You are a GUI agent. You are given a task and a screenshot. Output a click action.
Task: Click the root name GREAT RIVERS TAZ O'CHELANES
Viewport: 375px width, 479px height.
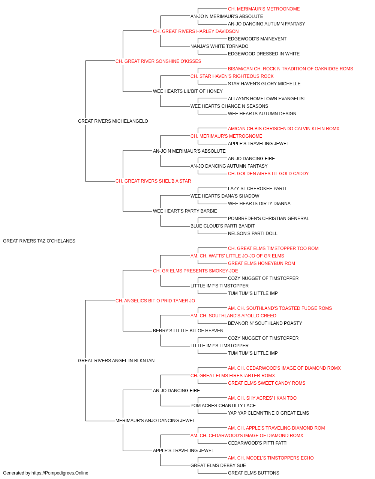[x=39, y=241]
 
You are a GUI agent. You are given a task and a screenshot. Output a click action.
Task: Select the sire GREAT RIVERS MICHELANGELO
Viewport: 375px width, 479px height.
[x=113, y=121]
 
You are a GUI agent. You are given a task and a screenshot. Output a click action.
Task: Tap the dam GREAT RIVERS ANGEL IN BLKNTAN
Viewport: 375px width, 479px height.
[x=116, y=361]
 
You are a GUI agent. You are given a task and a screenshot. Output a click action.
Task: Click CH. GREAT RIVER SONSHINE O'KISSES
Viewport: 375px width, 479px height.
[x=158, y=61]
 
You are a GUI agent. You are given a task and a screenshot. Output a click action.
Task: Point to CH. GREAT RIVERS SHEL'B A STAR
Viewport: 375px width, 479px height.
[x=153, y=181]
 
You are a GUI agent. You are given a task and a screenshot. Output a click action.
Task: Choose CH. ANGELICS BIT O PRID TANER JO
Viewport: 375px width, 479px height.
[x=155, y=300]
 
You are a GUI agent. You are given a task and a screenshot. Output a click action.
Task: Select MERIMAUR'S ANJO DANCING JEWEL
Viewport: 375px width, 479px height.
[x=155, y=420]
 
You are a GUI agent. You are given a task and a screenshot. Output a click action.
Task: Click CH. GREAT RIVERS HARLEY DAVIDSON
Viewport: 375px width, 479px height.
[x=196, y=31]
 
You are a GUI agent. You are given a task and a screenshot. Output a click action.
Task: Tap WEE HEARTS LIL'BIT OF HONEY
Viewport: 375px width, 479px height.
[x=188, y=91]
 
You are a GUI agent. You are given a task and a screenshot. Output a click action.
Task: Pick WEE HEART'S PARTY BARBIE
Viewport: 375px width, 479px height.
[x=185, y=211]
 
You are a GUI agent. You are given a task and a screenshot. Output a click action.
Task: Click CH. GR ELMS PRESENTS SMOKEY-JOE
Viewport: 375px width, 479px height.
[x=195, y=271]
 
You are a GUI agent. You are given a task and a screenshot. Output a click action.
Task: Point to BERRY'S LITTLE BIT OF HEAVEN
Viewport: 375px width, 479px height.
[x=188, y=331]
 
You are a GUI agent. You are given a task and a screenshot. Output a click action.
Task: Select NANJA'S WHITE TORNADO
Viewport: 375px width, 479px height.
[x=219, y=46]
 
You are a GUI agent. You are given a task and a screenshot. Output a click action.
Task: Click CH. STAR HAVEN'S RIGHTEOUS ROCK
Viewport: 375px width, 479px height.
[x=232, y=76]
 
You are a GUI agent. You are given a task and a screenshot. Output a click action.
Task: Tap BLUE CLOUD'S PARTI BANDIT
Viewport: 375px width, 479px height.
[x=223, y=226]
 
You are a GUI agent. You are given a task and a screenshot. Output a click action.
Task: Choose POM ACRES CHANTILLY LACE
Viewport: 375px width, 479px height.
[x=223, y=405]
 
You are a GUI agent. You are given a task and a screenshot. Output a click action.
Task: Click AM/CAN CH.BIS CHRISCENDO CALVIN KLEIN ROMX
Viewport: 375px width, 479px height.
[x=283, y=128]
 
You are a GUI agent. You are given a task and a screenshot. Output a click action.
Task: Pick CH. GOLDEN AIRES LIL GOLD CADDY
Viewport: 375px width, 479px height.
[x=268, y=174]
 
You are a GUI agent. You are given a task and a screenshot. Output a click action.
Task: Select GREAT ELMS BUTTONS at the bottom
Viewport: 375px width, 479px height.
[x=253, y=473]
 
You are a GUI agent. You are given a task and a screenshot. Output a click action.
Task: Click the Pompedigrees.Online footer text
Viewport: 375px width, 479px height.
[x=45, y=473]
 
